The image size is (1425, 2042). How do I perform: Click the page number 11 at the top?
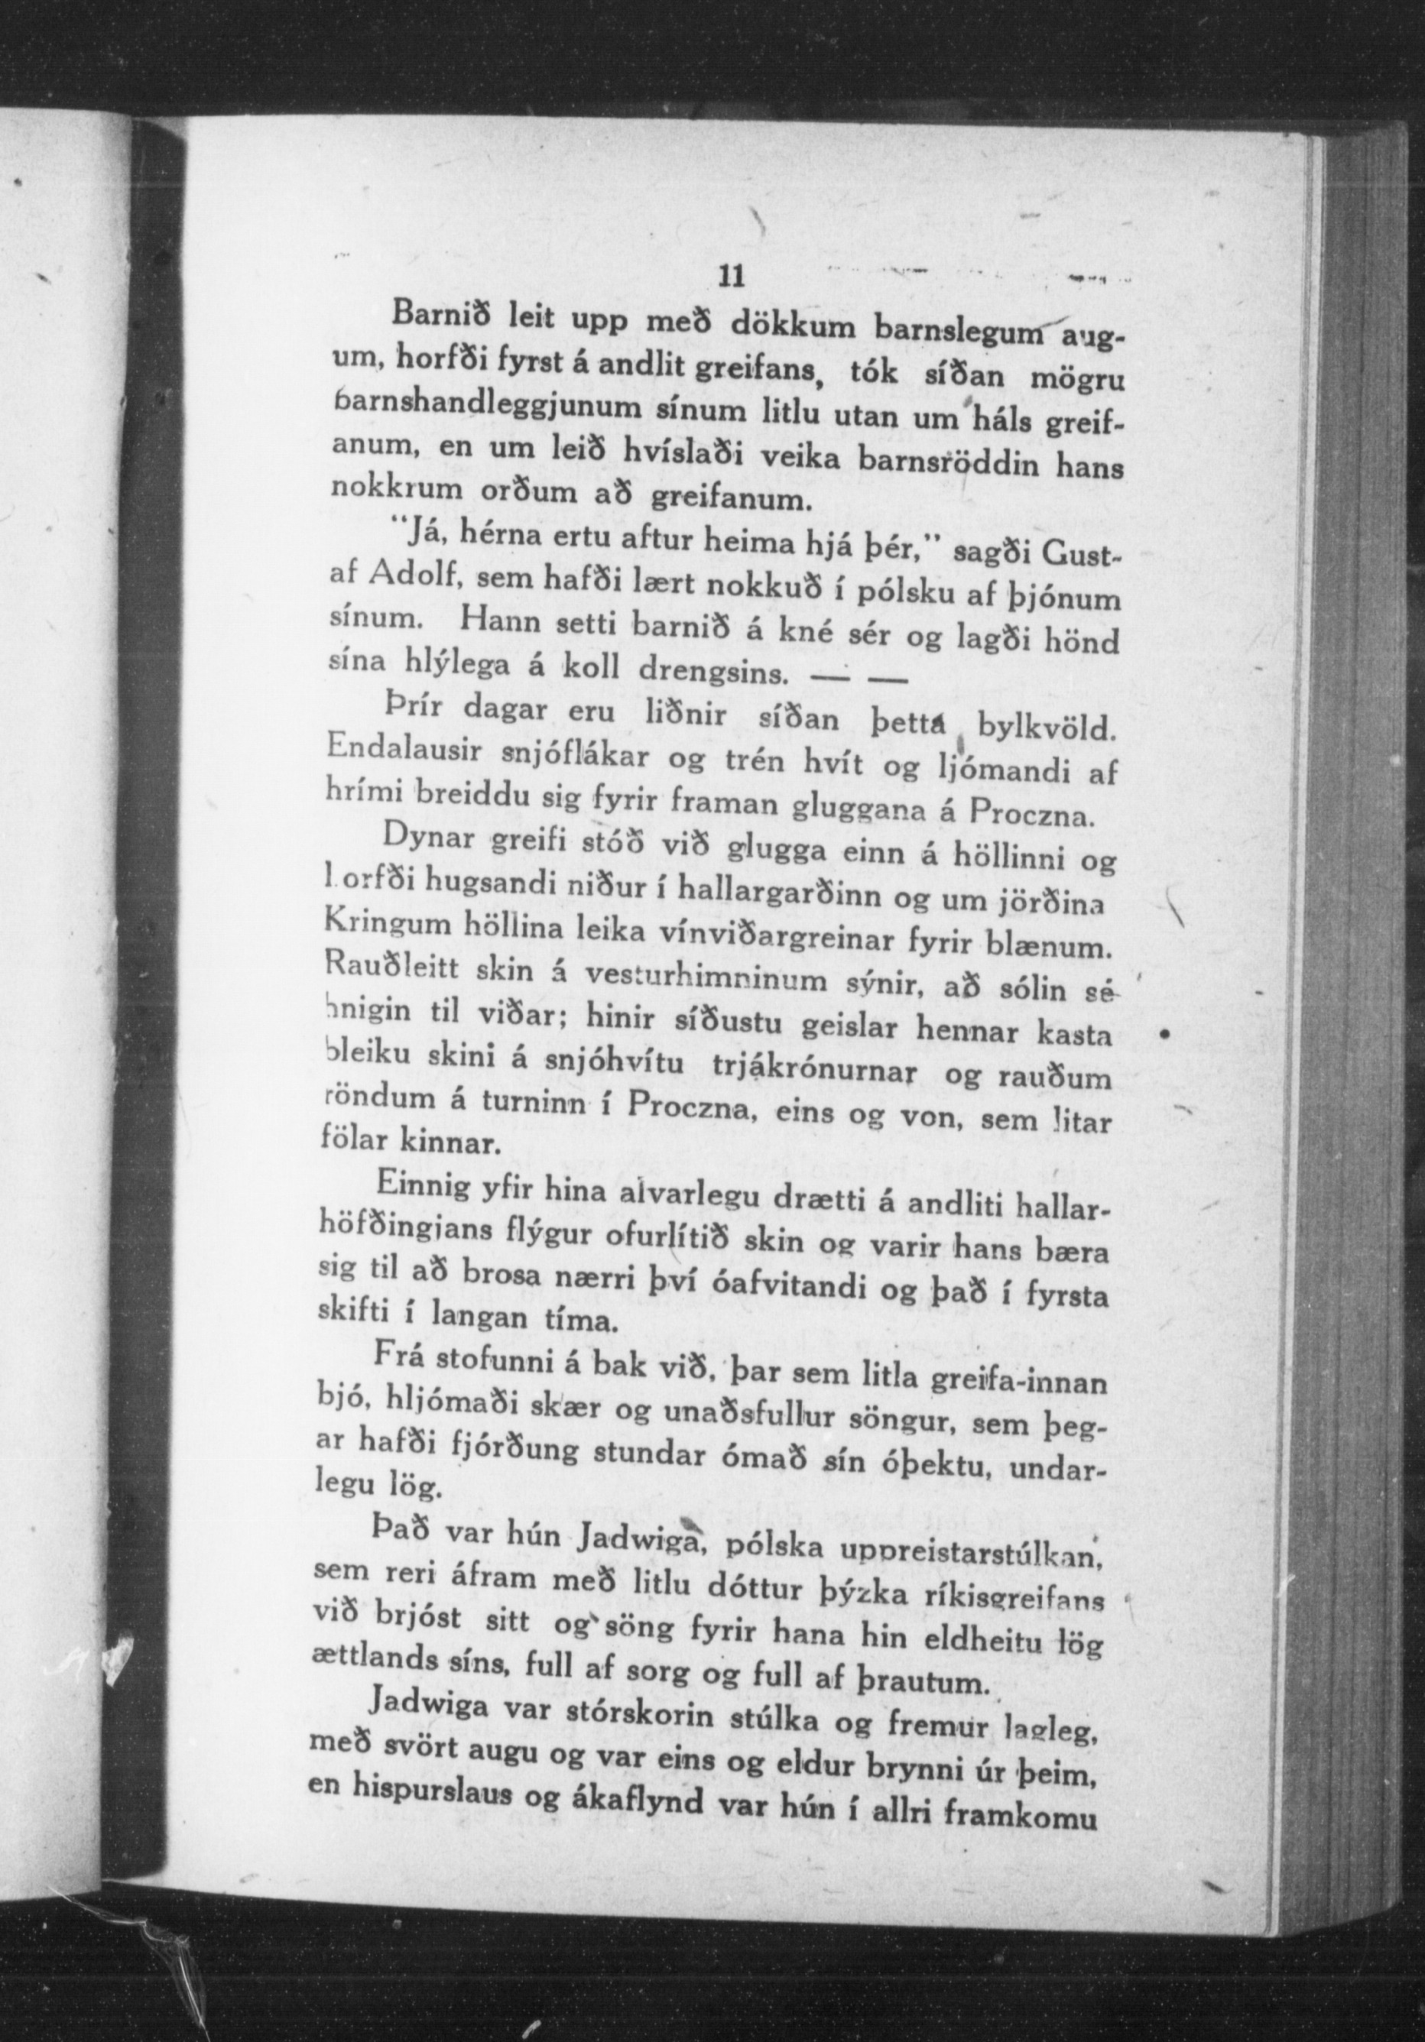point(730,276)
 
